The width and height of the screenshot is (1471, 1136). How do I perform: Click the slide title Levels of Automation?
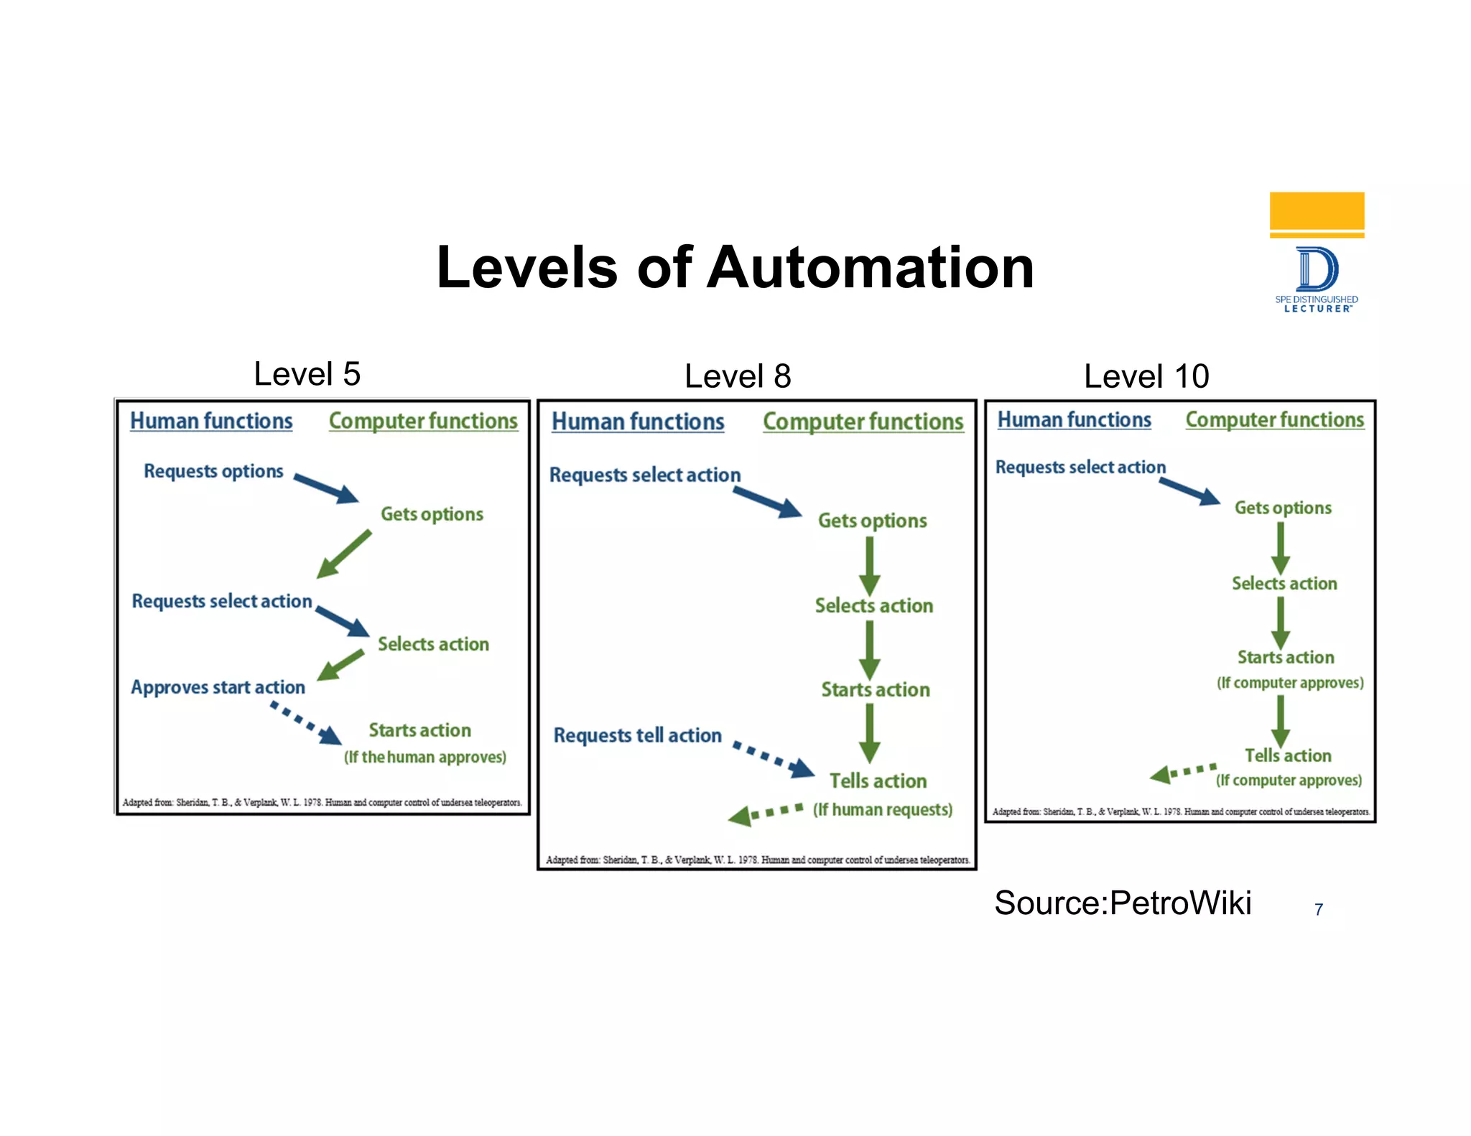[735, 268]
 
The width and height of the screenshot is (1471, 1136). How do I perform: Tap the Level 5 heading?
[307, 374]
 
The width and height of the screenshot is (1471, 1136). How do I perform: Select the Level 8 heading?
[738, 376]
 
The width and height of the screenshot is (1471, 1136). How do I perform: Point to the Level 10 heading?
[1146, 376]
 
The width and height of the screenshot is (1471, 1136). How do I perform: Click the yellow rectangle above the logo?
[1317, 211]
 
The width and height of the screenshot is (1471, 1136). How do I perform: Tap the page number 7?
[1319, 910]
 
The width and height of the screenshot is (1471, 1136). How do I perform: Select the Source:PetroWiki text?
[1123, 903]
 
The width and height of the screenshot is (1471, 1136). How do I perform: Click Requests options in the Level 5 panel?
[213, 471]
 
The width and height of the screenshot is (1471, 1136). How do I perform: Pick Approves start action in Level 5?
[218, 687]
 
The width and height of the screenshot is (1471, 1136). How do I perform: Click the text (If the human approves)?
[424, 757]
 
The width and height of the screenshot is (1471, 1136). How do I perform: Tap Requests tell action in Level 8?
[637, 735]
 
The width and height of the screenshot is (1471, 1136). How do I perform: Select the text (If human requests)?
[883, 810]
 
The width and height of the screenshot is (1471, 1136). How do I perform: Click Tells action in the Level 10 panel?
[1288, 755]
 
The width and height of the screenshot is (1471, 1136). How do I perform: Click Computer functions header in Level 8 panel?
[863, 422]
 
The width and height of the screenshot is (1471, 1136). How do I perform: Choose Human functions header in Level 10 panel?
[1074, 419]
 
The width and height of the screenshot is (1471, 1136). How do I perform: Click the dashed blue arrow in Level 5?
[305, 723]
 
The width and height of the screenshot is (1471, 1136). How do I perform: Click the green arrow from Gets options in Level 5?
[344, 554]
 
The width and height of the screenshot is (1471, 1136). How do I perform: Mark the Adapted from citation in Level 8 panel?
[757, 860]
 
